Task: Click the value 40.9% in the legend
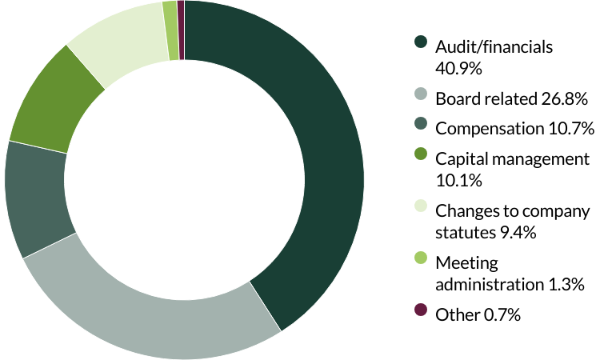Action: pos(458,68)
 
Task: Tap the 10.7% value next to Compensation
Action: pos(569,127)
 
